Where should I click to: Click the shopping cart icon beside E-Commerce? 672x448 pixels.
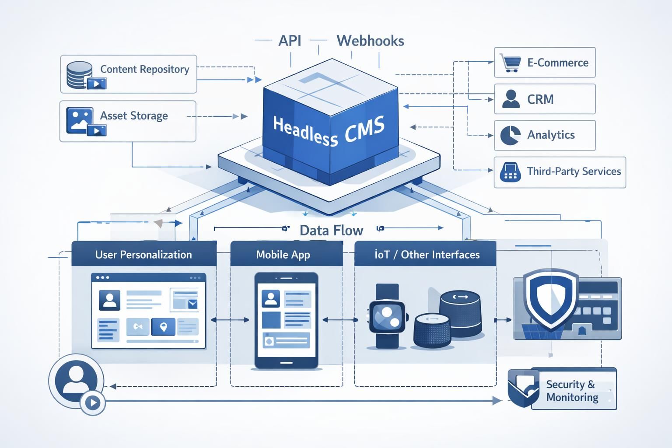[x=510, y=63]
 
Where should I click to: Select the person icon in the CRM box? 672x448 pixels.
[x=511, y=99]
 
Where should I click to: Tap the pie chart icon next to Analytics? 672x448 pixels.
[x=510, y=135]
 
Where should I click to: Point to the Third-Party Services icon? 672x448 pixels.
[x=510, y=172]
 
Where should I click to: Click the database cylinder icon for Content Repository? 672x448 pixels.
[x=80, y=74]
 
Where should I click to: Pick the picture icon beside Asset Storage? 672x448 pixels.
[x=80, y=119]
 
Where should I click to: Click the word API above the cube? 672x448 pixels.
[x=290, y=41]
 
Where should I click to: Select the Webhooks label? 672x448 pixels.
[x=370, y=41]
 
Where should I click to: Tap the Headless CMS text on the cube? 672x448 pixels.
[x=329, y=130]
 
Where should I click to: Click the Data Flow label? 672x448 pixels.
[x=331, y=230]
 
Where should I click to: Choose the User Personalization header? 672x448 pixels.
[x=143, y=255]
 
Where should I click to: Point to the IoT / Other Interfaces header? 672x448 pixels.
[x=427, y=255]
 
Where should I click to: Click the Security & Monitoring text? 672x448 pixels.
[x=571, y=391]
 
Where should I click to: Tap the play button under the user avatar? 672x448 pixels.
[x=93, y=402]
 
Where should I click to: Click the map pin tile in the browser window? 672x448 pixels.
[x=163, y=326]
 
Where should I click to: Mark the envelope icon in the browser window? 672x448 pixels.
[x=192, y=304]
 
